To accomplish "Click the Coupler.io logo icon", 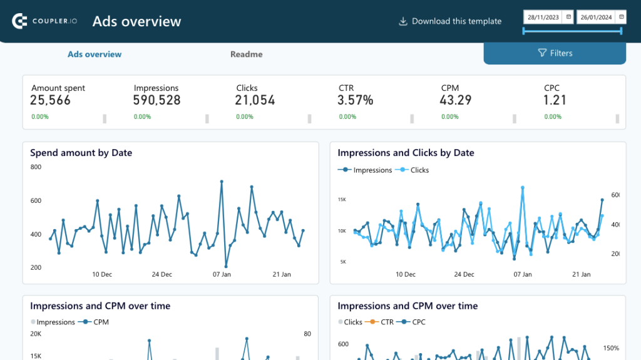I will tap(20, 21).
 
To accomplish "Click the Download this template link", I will tap(450, 21).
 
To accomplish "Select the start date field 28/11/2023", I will tap(543, 17).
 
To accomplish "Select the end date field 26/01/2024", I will tap(595, 17).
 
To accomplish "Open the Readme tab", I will tap(246, 54).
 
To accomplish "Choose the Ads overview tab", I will tap(95, 54).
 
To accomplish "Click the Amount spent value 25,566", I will tap(51, 100).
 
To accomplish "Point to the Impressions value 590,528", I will tap(156, 100).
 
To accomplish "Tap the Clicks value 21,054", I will tap(255, 100).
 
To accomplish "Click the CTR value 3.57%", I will tap(356, 100).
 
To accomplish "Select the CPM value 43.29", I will tap(456, 100).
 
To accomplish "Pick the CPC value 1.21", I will tap(555, 100).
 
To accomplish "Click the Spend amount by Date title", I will tap(81, 153).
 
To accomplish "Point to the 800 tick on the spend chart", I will tap(36, 167).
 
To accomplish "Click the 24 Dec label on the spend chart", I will tap(162, 274).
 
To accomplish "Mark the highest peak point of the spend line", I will tap(222, 182).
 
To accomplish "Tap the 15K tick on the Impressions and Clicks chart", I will tap(342, 200).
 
